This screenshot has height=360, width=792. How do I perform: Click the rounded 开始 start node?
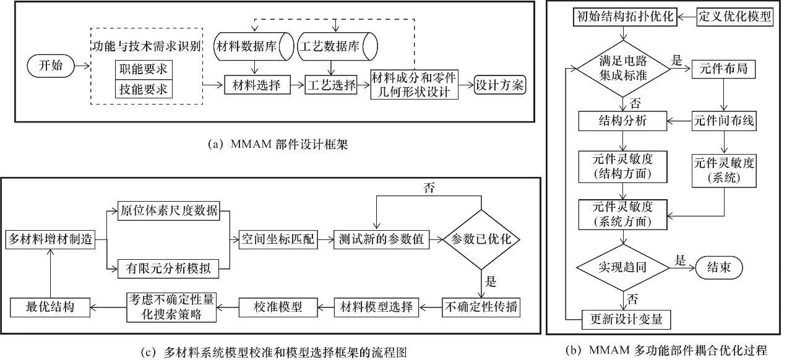51,66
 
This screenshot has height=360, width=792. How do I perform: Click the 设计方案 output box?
499,85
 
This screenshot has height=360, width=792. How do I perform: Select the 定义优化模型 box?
735,17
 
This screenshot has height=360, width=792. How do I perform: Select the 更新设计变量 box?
626,319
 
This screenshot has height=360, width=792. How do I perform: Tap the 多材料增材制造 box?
50,240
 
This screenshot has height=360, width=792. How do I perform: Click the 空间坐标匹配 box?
278,240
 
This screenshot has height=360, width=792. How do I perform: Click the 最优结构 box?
50,306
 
